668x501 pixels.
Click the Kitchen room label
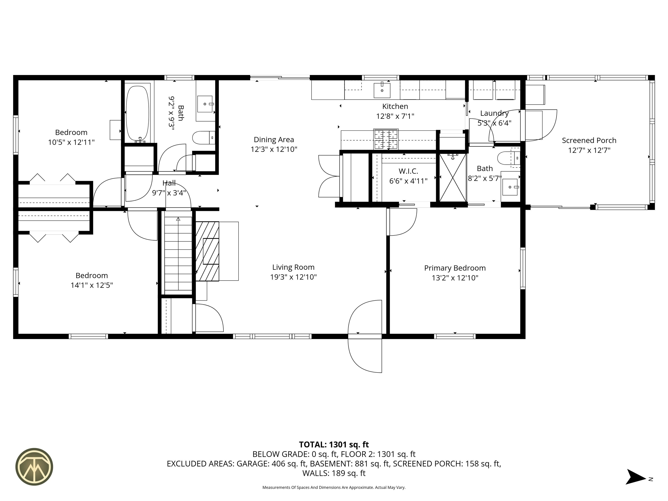point(395,106)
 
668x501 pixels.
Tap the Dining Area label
point(274,140)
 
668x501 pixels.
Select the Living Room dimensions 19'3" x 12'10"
point(293,277)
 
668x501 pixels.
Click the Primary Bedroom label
point(455,268)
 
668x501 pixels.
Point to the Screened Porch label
point(589,140)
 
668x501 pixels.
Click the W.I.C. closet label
point(408,171)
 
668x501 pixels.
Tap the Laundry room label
point(494,114)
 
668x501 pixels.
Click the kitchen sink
point(382,89)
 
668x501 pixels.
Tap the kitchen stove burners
point(386,139)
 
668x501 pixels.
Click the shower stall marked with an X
point(453,178)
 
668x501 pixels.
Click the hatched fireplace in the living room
point(207,251)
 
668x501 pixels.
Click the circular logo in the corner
point(34,467)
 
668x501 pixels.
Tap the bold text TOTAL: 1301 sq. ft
point(334,444)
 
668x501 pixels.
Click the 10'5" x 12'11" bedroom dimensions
point(71,142)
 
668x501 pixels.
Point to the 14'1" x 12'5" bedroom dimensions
point(92,285)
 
